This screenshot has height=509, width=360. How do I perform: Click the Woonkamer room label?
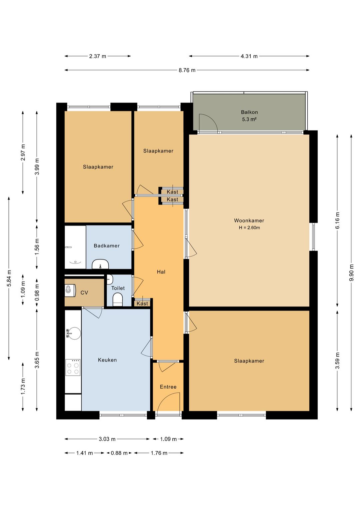point(249,220)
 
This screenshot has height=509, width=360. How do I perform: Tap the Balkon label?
point(249,112)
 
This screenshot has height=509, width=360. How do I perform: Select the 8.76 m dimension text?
point(187,70)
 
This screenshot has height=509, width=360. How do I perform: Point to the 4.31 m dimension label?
point(249,56)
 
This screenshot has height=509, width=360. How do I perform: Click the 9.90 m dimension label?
point(351,273)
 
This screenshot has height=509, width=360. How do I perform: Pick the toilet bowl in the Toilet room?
point(118,300)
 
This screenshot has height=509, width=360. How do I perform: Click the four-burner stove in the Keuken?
point(73,367)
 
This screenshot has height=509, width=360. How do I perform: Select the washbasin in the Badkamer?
point(100,264)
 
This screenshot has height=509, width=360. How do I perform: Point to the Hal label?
point(161,272)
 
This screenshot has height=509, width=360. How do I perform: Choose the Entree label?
point(168,387)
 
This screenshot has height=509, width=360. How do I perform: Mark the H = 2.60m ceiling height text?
point(249,227)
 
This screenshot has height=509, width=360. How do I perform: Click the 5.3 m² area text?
point(249,119)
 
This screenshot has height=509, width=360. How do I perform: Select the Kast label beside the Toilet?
point(142,303)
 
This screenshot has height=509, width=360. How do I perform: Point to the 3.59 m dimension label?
point(337,361)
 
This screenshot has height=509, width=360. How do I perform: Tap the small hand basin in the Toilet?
point(110,280)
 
